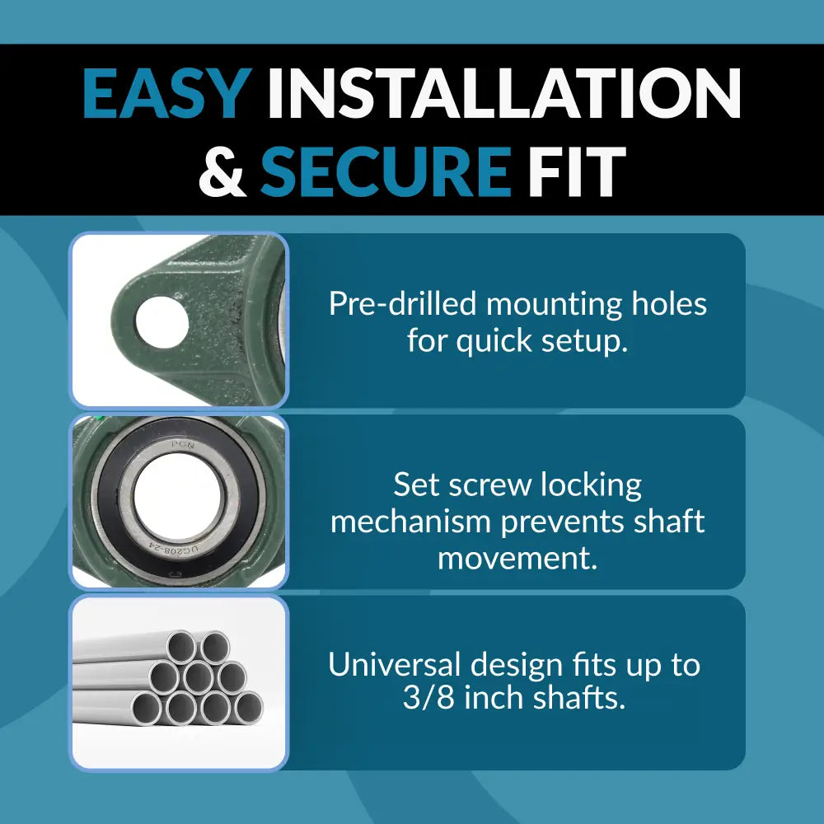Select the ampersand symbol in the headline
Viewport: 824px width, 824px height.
click(222, 171)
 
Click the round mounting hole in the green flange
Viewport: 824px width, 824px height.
click(162, 321)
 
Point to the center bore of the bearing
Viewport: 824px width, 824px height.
click(180, 499)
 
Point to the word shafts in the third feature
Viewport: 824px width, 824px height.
click(582, 700)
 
